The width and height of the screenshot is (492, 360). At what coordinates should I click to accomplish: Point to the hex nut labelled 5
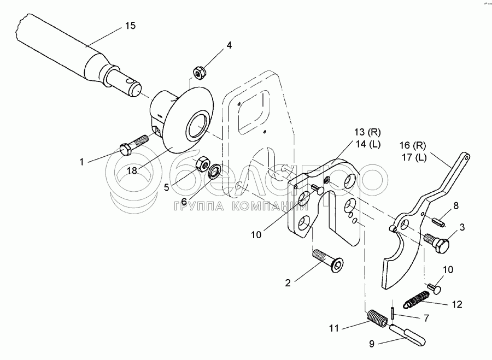pyautogui.click(x=202, y=163)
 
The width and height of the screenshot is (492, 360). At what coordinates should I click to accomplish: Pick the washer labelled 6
pyautogui.click(x=214, y=172)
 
